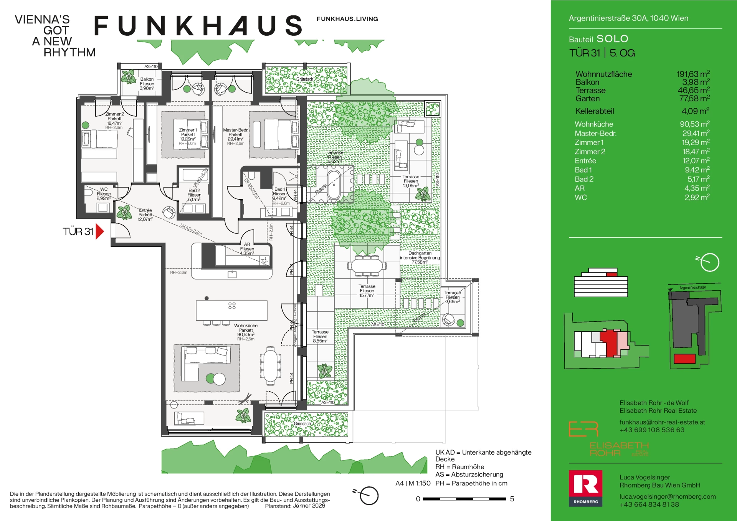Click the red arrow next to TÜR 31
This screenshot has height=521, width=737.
[100, 232]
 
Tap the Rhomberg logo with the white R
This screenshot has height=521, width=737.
[585, 488]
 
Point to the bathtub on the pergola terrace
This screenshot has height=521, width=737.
[334, 184]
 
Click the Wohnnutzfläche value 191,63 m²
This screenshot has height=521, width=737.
[693, 74]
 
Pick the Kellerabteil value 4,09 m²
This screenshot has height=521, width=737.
[695, 111]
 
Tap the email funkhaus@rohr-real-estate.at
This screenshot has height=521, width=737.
[662, 422]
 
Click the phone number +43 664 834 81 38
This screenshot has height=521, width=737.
[649, 504]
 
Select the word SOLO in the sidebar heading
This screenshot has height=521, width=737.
[612, 39]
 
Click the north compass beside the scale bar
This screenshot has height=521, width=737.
[369, 496]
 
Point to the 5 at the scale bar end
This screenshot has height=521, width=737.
[512, 499]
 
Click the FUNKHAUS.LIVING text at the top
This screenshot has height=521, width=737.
[347, 19]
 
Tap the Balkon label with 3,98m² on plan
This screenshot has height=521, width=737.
[147, 84]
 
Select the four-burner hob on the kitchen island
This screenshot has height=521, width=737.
[232, 306]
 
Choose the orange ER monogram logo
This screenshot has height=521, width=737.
[583, 429]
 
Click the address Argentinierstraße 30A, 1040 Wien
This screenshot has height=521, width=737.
[628, 18]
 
